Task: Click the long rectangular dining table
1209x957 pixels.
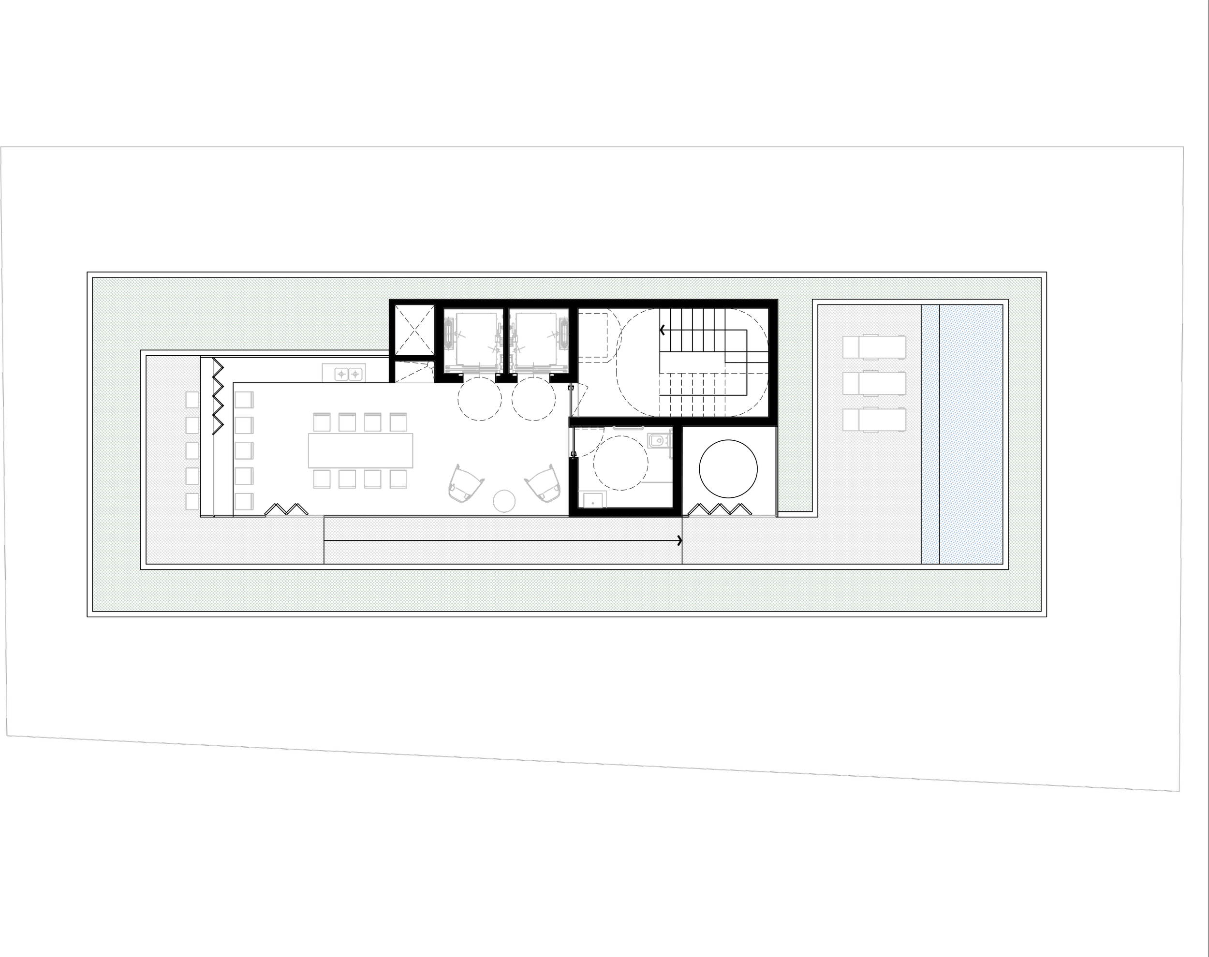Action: pos(360,450)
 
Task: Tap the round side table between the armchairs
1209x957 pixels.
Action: pos(504,501)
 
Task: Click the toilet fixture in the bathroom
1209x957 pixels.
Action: pos(658,440)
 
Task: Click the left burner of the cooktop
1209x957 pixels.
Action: pos(341,374)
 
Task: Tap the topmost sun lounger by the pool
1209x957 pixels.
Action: pos(874,347)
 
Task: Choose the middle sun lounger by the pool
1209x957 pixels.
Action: pos(874,384)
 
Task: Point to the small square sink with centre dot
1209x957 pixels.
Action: pos(592,500)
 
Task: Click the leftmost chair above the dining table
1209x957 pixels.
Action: pos(321,422)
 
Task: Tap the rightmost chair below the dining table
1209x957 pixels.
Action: pos(398,479)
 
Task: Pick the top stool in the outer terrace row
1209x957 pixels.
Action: pos(192,400)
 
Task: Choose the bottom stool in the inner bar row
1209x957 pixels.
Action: pos(244,502)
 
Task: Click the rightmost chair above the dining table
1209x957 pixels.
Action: pos(398,422)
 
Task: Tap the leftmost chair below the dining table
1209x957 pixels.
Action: pos(321,479)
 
